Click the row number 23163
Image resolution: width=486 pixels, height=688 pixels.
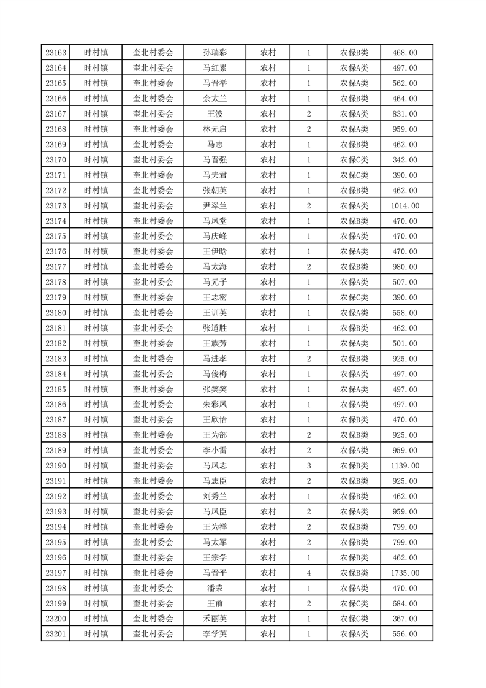click(56, 53)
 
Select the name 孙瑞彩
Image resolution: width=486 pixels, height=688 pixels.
click(215, 53)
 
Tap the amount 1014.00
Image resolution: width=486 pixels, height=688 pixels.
click(405, 205)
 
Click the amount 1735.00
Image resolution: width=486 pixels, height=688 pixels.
click(405, 573)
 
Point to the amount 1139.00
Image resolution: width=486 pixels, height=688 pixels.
click(405, 465)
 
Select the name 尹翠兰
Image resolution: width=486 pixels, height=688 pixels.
click(215, 205)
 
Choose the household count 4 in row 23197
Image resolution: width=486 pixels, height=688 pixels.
click(308, 573)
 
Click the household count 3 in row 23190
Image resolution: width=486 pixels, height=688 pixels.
click(308, 465)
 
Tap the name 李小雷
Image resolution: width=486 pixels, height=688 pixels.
click(215, 450)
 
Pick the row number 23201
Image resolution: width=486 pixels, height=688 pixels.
click(56, 634)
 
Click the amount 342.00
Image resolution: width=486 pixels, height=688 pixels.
click(405, 160)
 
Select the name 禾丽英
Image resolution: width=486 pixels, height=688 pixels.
click(215, 619)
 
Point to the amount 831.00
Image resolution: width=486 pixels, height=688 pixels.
click(405, 114)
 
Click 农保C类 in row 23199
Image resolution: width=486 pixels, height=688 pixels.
click(354, 603)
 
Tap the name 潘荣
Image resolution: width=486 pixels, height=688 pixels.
click(215, 588)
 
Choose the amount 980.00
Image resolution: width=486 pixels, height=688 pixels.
click(405, 267)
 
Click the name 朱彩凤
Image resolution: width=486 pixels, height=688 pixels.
click(215, 404)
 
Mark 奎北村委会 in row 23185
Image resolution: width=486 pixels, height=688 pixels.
click(153, 389)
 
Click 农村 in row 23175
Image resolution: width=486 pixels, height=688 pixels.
click(268, 236)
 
